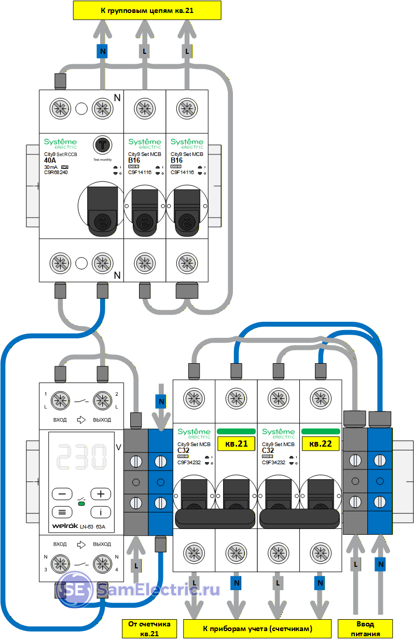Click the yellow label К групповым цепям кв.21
click(x=147, y=10)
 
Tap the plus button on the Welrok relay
click(x=101, y=494)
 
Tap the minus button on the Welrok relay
click(x=62, y=494)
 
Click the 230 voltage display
click(x=82, y=456)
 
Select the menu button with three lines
click(x=62, y=512)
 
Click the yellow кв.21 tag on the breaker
click(x=236, y=444)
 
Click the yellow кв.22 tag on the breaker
click(x=321, y=444)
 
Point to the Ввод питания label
click(x=368, y=628)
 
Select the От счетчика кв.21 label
click(x=149, y=628)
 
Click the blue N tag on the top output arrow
click(x=102, y=51)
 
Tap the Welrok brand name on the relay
click(x=63, y=527)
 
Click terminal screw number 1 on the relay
click(x=61, y=400)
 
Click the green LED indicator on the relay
click(x=81, y=503)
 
